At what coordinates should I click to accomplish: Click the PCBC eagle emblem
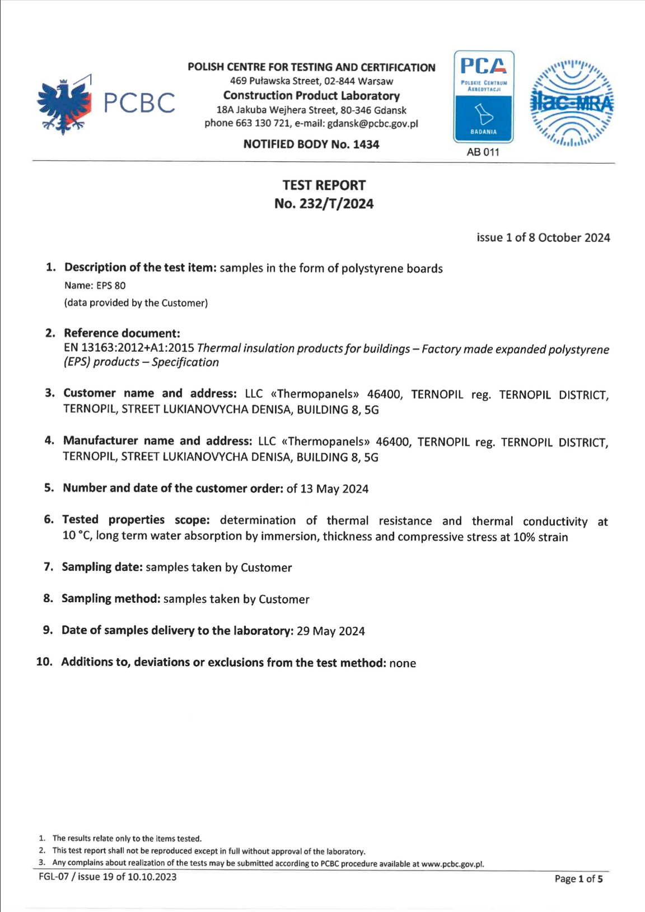pyautogui.click(x=64, y=105)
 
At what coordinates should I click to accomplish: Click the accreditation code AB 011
pyautogui.click(x=483, y=152)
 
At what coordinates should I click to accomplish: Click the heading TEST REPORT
pyautogui.click(x=324, y=185)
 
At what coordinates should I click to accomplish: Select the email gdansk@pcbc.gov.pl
pyautogui.click(x=372, y=123)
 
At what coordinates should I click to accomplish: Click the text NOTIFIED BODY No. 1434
pyautogui.click(x=311, y=145)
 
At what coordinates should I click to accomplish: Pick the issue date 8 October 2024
pyautogui.click(x=574, y=238)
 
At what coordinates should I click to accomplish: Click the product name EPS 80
pyautogui.click(x=111, y=286)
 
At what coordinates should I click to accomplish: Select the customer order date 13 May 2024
pyautogui.click(x=334, y=489)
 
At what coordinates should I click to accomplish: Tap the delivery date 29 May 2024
pyautogui.click(x=330, y=631)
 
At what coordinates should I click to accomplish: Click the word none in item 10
pyautogui.click(x=403, y=663)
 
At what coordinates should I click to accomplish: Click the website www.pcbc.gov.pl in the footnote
pyautogui.click(x=452, y=864)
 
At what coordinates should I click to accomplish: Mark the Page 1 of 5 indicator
pyautogui.click(x=578, y=879)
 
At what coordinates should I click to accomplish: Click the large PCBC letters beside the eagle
pyautogui.click(x=139, y=103)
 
